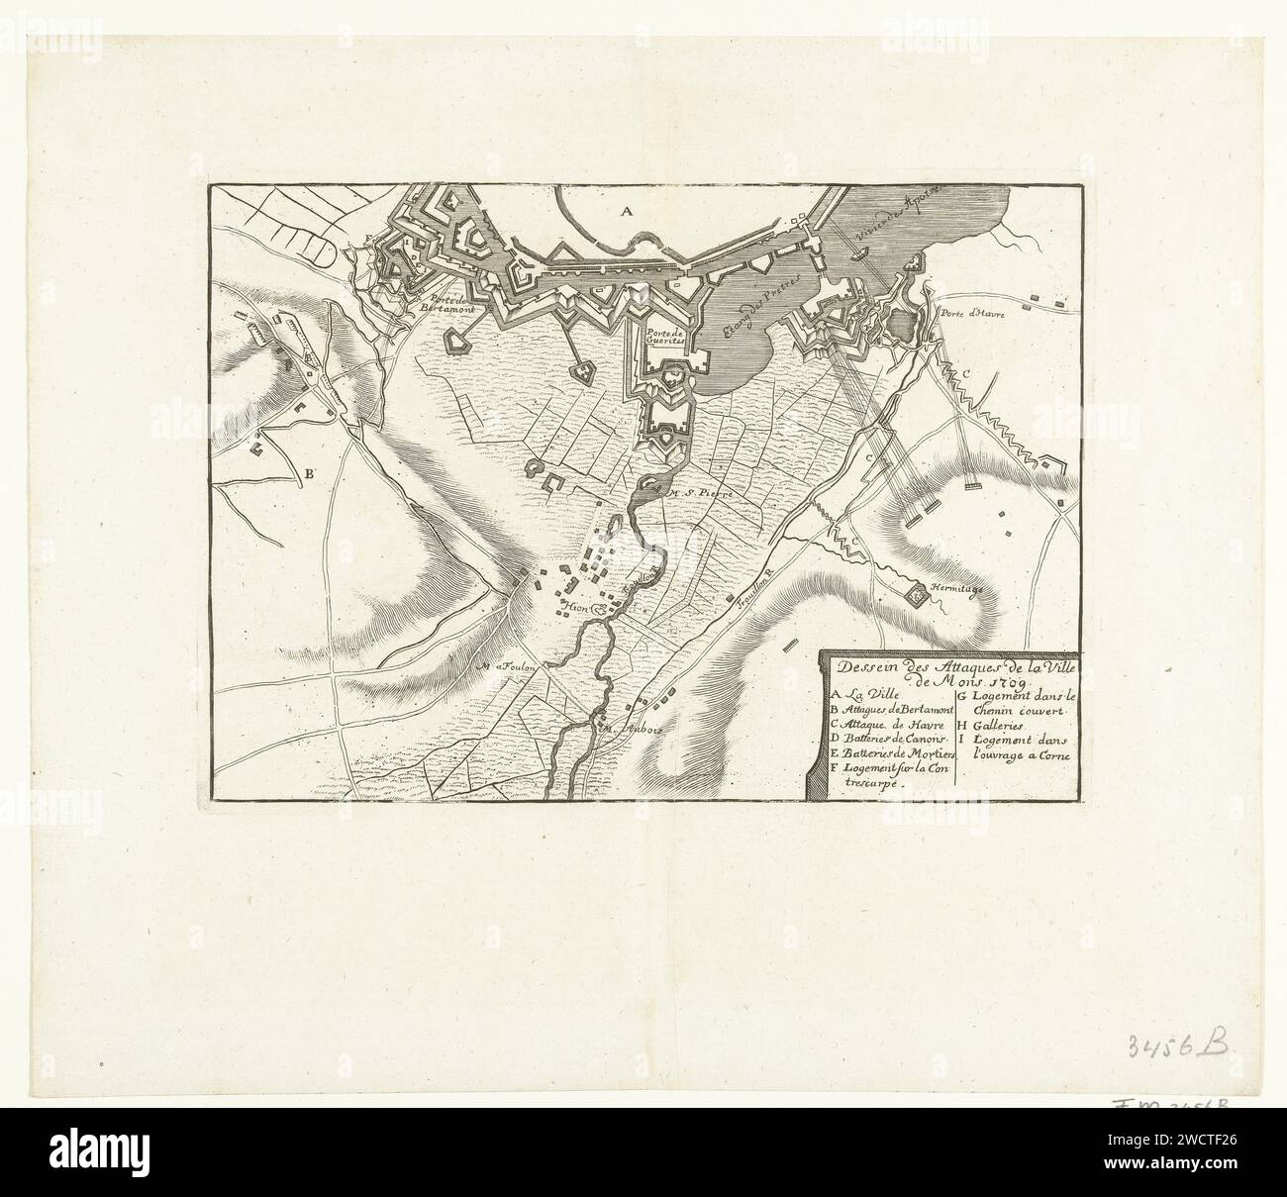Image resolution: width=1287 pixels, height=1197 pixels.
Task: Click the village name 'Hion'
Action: pyautogui.click(x=574, y=606)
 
